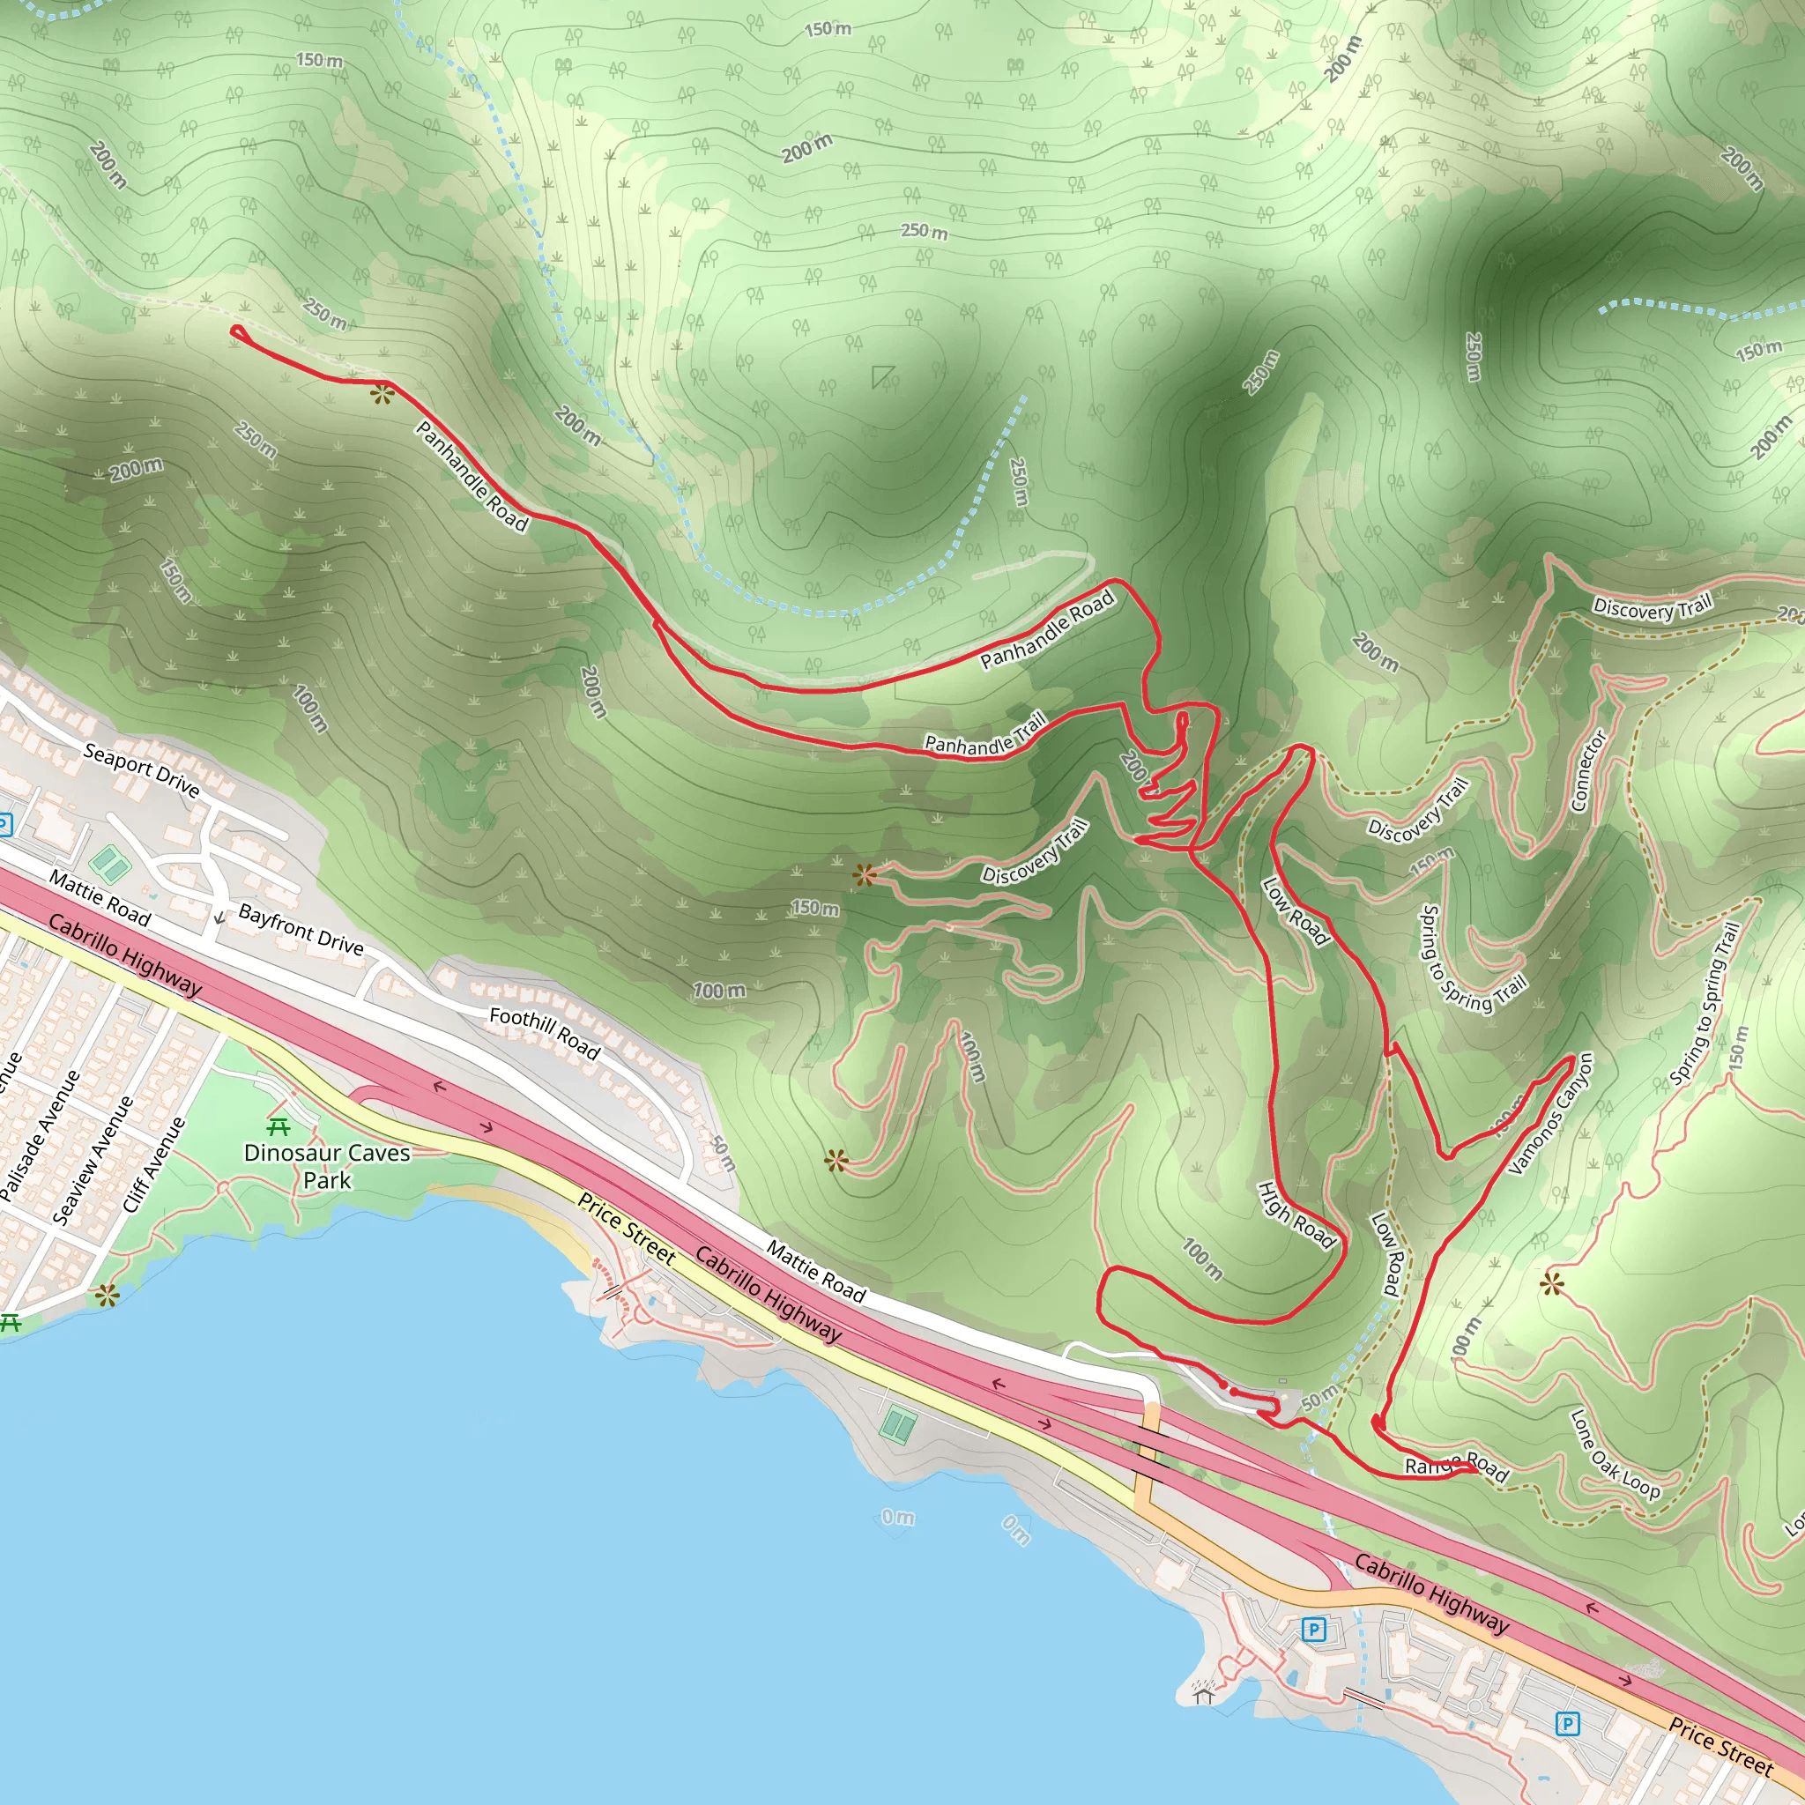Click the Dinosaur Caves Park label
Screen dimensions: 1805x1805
(326, 1166)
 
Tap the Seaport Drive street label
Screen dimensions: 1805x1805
(141, 769)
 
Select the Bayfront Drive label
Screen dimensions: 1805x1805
(301, 929)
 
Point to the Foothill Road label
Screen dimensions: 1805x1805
(545, 1032)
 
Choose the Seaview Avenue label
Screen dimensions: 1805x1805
(93, 1160)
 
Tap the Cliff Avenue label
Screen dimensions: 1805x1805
(154, 1164)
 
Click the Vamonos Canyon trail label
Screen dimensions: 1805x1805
(1550, 1113)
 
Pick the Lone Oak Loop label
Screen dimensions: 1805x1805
(1614, 1454)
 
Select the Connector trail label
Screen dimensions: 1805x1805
(1588, 771)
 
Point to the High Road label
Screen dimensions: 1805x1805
(1296, 1214)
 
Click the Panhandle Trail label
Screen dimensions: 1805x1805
(984, 734)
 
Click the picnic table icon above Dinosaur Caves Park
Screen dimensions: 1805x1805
(279, 1125)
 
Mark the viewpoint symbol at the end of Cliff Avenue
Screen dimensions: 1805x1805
(108, 1295)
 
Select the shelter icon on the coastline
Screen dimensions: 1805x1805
(1202, 1692)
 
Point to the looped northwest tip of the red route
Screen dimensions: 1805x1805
(237, 331)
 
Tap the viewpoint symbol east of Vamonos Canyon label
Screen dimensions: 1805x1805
(1552, 1285)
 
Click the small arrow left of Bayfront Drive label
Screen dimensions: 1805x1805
(219, 918)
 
